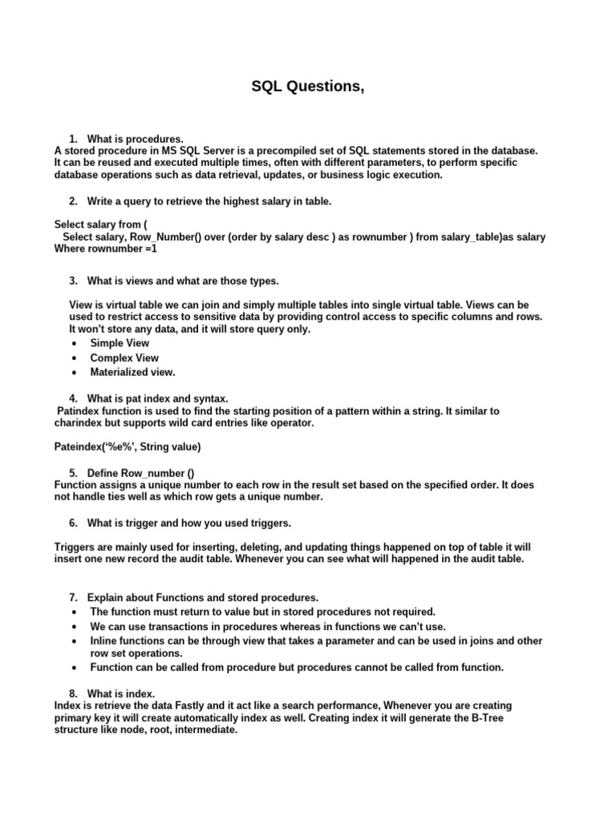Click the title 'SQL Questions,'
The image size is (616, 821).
308,87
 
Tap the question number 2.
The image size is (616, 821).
73,201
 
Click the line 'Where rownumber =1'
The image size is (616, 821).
106,249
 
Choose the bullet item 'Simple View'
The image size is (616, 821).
120,343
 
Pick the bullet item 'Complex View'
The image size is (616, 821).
124,358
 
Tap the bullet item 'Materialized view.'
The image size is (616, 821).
132,372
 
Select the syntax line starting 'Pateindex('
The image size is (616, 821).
128,446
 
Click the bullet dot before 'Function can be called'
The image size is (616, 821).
74,668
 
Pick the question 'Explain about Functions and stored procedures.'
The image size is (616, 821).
203,597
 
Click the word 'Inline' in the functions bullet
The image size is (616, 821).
105,641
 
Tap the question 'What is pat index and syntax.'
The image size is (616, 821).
157,398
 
